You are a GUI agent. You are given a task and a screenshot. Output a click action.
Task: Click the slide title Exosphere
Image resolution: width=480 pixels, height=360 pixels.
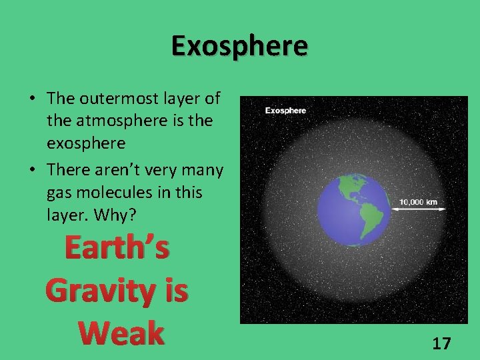pos(239,46)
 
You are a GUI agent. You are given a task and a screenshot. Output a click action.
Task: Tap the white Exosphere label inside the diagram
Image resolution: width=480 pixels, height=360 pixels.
pos(285,110)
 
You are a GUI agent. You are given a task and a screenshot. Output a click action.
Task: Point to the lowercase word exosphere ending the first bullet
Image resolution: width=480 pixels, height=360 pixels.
pos(87,144)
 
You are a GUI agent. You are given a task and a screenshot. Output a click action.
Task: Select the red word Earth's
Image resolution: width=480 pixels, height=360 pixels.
pos(117,248)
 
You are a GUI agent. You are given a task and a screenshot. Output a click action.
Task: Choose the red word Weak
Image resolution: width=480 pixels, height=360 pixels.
pos(120,333)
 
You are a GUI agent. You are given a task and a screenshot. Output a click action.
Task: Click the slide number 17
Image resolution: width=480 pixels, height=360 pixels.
pos(441,343)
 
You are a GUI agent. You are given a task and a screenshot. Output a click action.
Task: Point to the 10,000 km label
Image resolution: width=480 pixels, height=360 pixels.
pos(419,201)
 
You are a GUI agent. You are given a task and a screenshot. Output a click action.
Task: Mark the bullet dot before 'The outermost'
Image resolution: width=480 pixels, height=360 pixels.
pos(32,99)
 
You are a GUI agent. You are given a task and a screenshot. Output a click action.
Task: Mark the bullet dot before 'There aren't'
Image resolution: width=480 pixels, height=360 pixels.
pos(32,171)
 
